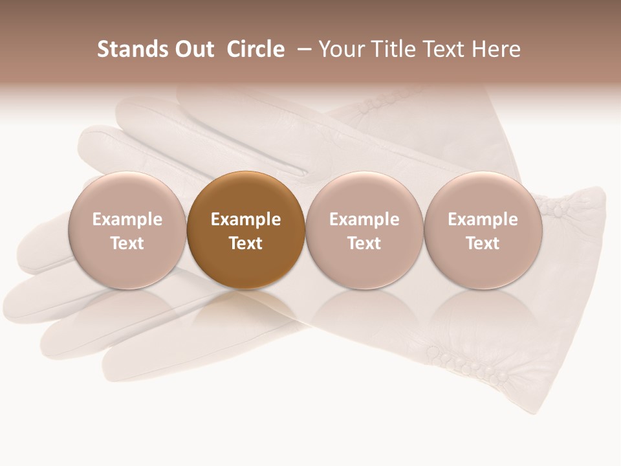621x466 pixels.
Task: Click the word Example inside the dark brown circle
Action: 246,219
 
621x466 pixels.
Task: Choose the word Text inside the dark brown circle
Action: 246,243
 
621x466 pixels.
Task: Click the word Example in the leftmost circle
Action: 127,219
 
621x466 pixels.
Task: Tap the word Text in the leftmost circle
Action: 127,243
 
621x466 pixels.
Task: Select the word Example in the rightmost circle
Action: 483,219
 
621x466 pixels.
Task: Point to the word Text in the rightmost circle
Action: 483,243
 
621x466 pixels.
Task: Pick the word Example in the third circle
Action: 364,219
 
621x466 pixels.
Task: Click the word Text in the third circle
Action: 364,243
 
